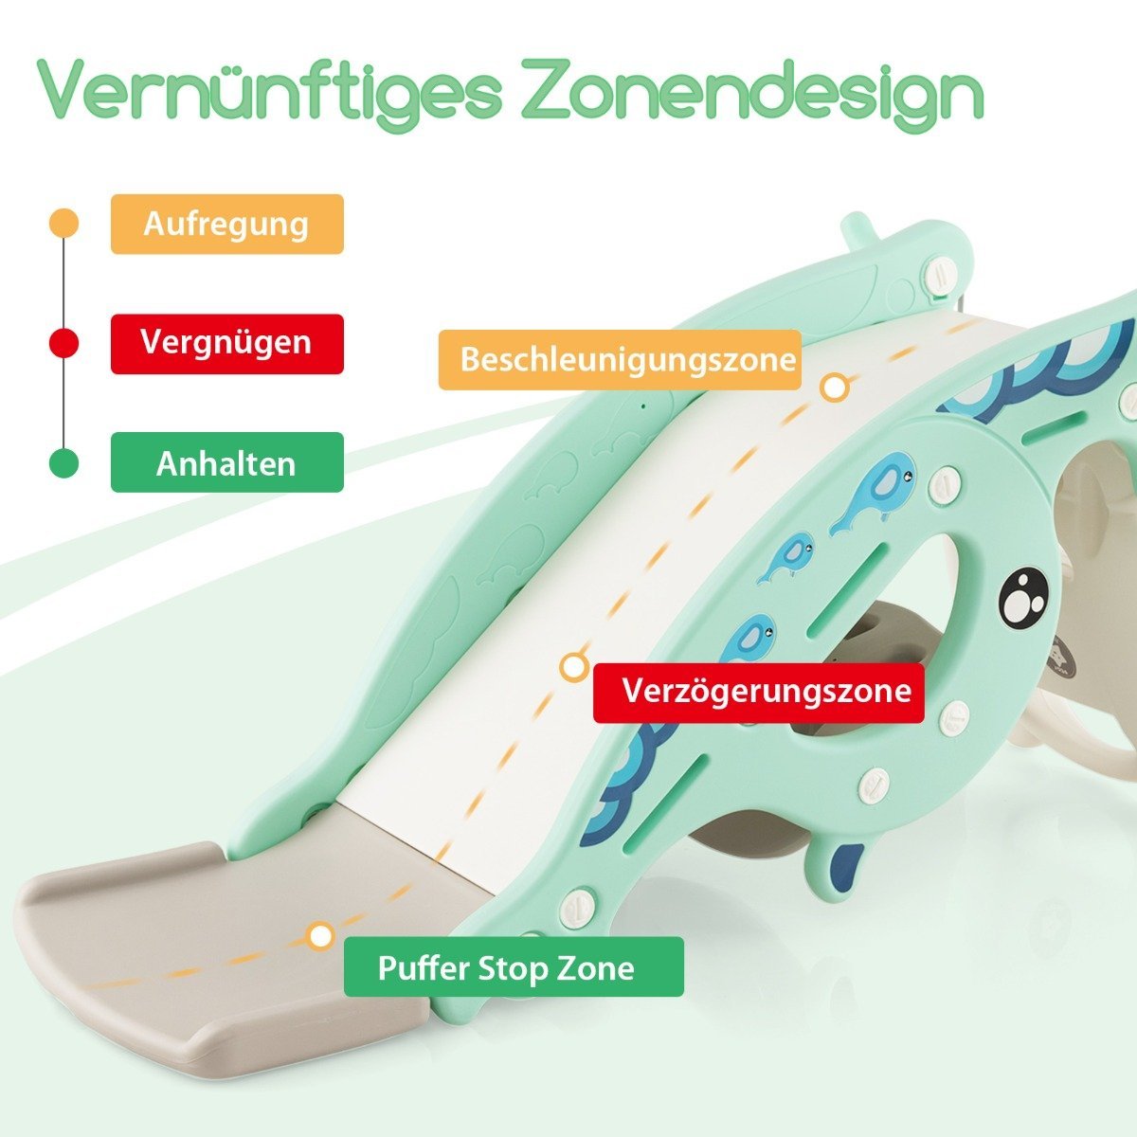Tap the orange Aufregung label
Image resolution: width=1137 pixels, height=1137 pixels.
pyautogui.click(x=227, y=225)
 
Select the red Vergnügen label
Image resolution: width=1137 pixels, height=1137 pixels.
pyautogui.click(x=227, y=344)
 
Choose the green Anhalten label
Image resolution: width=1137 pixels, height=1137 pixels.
pyautogui.click(x=227, y=463)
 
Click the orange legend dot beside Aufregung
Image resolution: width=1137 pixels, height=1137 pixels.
pyautogui.click(x=63, y=223)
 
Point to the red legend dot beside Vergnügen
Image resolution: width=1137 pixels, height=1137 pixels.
pyautogui.click(x=63, y=343)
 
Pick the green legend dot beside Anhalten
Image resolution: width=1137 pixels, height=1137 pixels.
pyautogui.click(x=63, y=463)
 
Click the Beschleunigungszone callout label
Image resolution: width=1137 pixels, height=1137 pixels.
pyautogui.click(x=620, y=359)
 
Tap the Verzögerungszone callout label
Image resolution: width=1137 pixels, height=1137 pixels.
pyautogui.click(x=759, y=692)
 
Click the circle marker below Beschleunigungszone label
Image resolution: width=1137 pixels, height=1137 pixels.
pyautogui.click(x=835, y=388)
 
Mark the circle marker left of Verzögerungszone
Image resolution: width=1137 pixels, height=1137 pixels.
pyautogui.click(x=573, y=667)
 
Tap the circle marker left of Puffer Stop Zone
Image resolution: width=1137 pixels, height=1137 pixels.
pyautogui.click(x=320, y=936)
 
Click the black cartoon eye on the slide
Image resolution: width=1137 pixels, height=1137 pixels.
pyautogui.click(x=1021, y=599)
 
